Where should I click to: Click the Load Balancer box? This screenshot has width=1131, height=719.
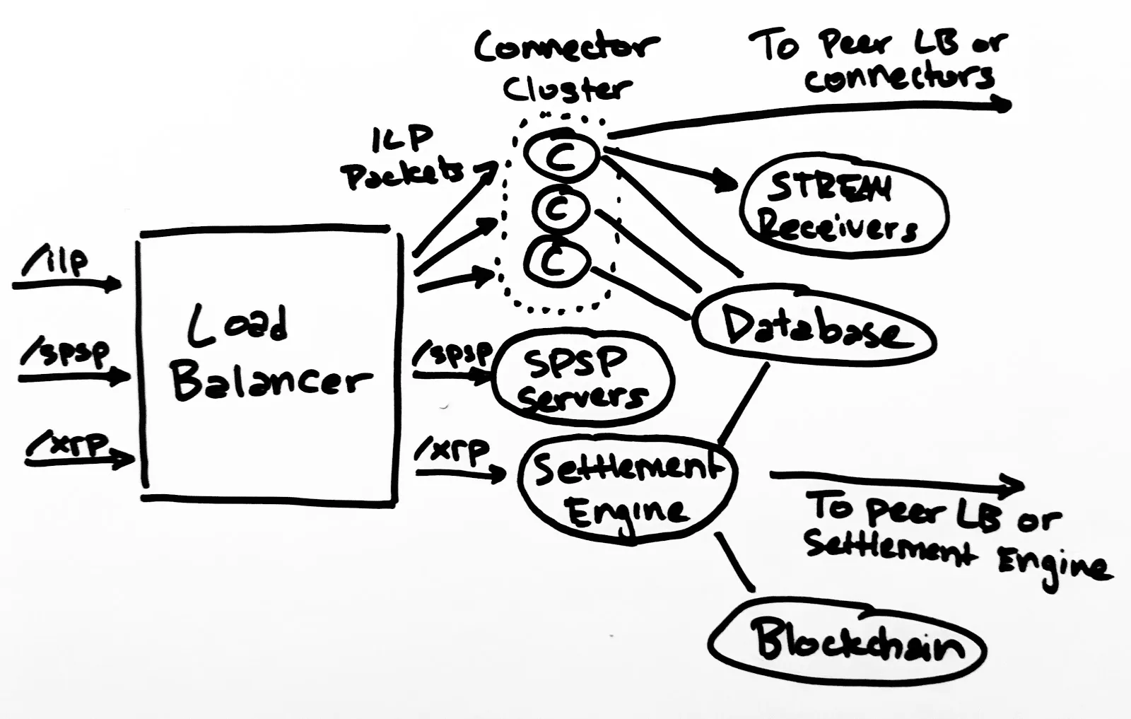[x=269, y=364]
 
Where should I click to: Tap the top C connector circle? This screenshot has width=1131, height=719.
[x=562, y=154]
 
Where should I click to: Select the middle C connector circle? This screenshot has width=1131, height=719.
[x=561, y=208]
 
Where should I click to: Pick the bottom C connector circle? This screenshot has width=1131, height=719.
[x=556, y=262]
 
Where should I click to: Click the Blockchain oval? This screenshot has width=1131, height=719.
[x=848, y=640]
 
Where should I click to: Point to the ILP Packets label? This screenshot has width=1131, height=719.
[x=403, y=159]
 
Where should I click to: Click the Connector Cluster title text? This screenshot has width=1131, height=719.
[x=565, y=67]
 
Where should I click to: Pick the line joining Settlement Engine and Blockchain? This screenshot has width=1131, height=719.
[x=735, y=562]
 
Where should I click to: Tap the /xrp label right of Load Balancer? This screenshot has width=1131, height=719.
[x=452, y=450]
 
